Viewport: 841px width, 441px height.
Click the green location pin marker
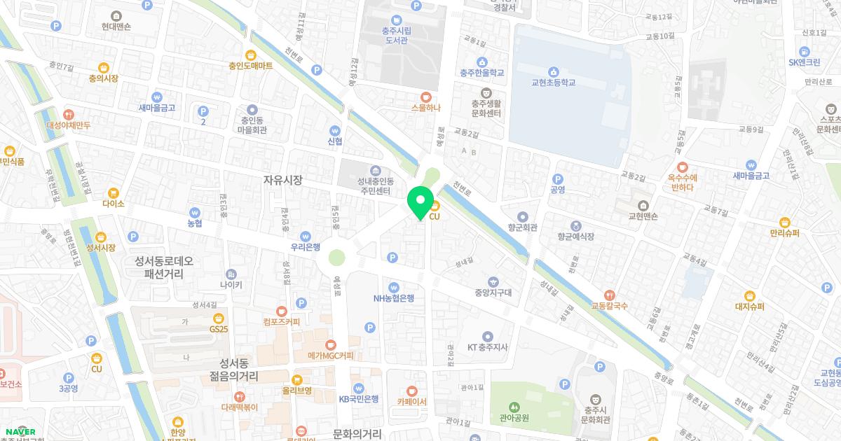coord(420,203)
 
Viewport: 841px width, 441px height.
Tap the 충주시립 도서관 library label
coord(396,35)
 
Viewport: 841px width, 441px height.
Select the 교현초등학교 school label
coord(553,82)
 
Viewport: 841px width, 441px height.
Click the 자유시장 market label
coord(282,180)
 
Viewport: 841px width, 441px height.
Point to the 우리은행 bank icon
coord(305,236)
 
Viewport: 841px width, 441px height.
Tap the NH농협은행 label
coord(393,297)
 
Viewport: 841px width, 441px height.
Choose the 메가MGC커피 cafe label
coord(330,356)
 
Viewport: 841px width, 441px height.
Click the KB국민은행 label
coord(358,399)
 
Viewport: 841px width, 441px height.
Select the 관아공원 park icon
coord(514,407)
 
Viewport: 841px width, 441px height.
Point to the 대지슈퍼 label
coord(749,306)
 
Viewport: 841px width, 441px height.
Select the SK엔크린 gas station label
coord(804,62)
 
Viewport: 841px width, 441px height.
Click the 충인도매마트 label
coord(250,65)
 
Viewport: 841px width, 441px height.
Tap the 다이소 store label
coord(113,204)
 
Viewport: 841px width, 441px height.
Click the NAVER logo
coord(19,431)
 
